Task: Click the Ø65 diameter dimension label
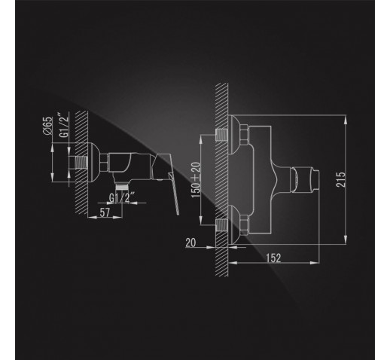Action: [47, 126]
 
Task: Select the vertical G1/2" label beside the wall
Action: [64, 126]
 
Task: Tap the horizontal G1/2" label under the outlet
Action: [122, 197]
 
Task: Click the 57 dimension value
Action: [105, 212]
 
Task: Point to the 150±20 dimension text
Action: [197, 180]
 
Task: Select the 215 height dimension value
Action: [341, 179]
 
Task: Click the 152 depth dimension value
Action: [273, 258]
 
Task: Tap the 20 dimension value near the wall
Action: [190, 243]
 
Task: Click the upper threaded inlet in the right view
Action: [221, 135]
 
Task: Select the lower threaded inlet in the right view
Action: [221, 225]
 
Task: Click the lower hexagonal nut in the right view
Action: [244, 225]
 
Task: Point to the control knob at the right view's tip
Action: [305, 179]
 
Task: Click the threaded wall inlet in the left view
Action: [81, 163]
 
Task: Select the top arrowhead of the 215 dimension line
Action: [346, 119]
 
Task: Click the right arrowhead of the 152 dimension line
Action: [315, 263]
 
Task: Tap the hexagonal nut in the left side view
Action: [104, 163]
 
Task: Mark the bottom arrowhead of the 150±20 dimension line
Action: [201, 220]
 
